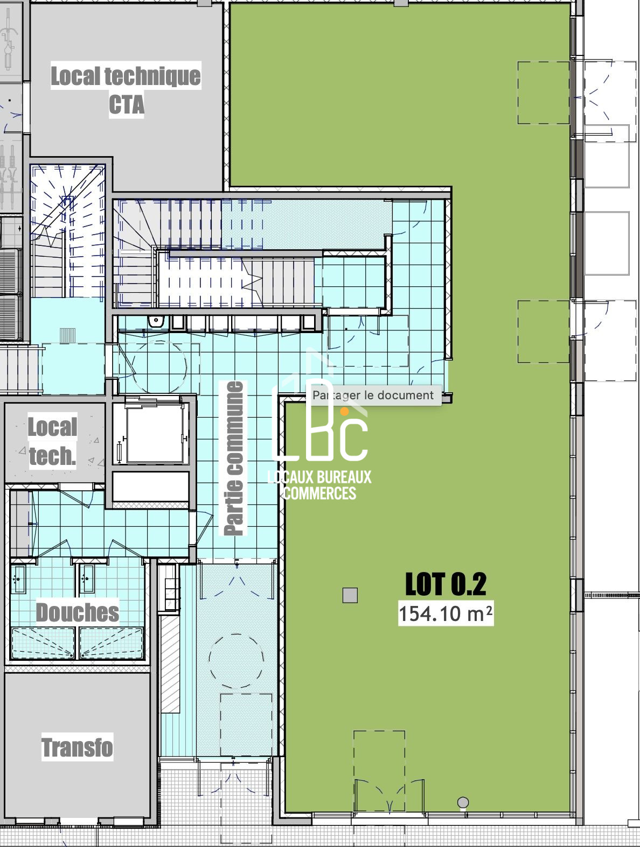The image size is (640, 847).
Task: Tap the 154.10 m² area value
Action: click(446, 613)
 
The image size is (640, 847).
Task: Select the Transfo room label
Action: click(77, 747)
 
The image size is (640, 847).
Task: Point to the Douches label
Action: click(77, 612)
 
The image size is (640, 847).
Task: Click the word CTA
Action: click(126, 104)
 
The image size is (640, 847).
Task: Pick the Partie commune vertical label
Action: click(234, 458)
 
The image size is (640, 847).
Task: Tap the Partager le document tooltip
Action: click(373, 395)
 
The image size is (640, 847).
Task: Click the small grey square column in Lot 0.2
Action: click(350, 595)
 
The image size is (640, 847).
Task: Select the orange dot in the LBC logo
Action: click(345, 412)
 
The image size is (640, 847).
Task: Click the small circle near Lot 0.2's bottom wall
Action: click(463, 803)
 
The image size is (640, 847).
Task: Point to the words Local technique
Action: click(126, 76)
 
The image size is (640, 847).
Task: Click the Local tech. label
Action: click(53, 441)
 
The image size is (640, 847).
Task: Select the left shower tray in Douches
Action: click(43, 643)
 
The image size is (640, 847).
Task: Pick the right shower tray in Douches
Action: click(111, 643)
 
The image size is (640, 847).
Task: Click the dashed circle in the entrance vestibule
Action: click(236, 661)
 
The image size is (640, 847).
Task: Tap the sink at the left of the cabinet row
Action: click(156, 321)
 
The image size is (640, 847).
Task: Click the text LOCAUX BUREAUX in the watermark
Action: click(319, 477)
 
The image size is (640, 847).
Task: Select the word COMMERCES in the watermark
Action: click(320, 493)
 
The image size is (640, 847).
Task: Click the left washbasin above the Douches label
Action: click(18, 579)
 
